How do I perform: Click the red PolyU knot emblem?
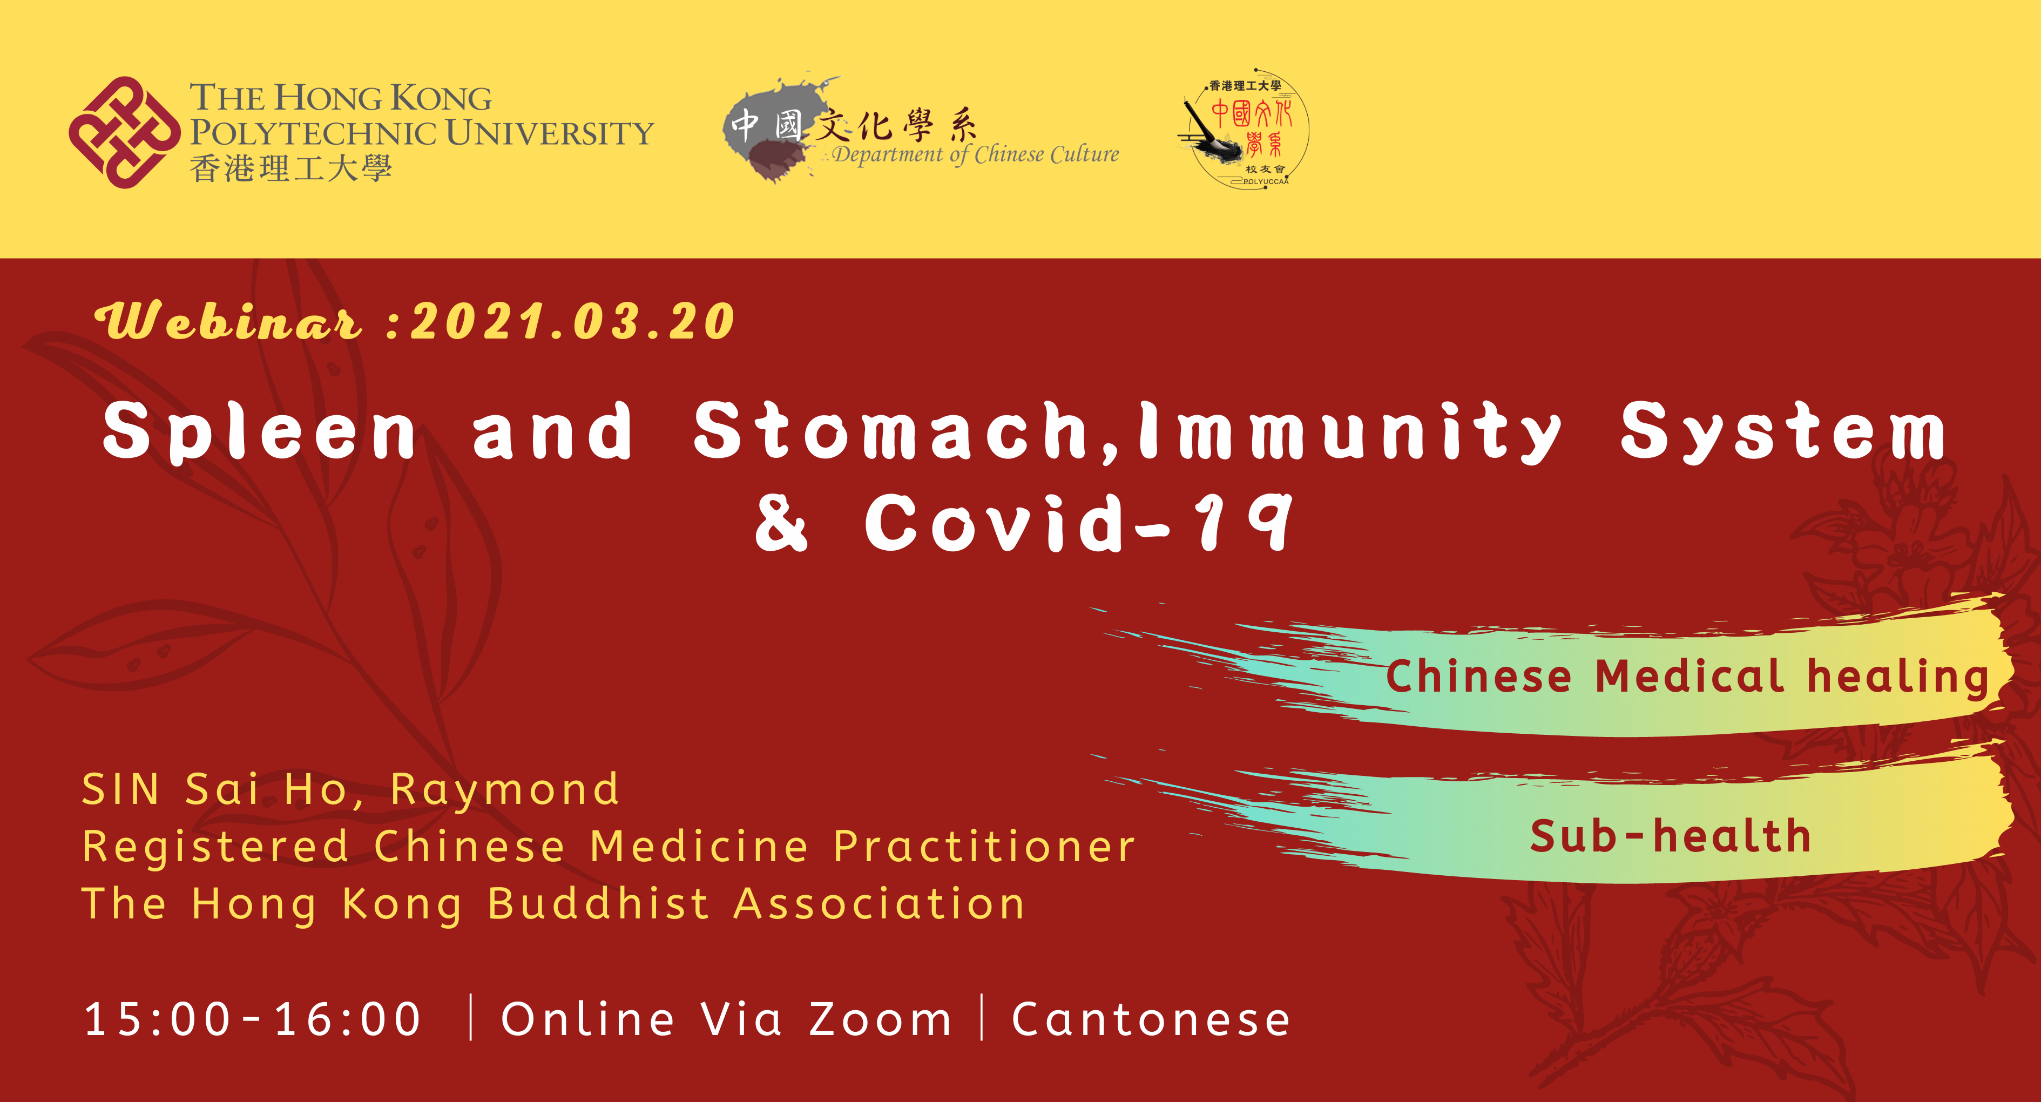point(124,132)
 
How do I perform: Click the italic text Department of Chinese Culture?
point(975,154)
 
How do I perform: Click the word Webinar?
point(228,322)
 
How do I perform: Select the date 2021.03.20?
point(572,322)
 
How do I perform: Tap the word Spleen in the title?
point(259,432)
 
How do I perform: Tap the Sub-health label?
point(1670,836)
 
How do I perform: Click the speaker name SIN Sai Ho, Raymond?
point(350,790)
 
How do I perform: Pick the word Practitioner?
point(985,847)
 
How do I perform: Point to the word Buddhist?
point(598,904)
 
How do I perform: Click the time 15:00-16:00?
point(253,1019)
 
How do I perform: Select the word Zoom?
point(880,1019)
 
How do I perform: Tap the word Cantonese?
point(1151,1019)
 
